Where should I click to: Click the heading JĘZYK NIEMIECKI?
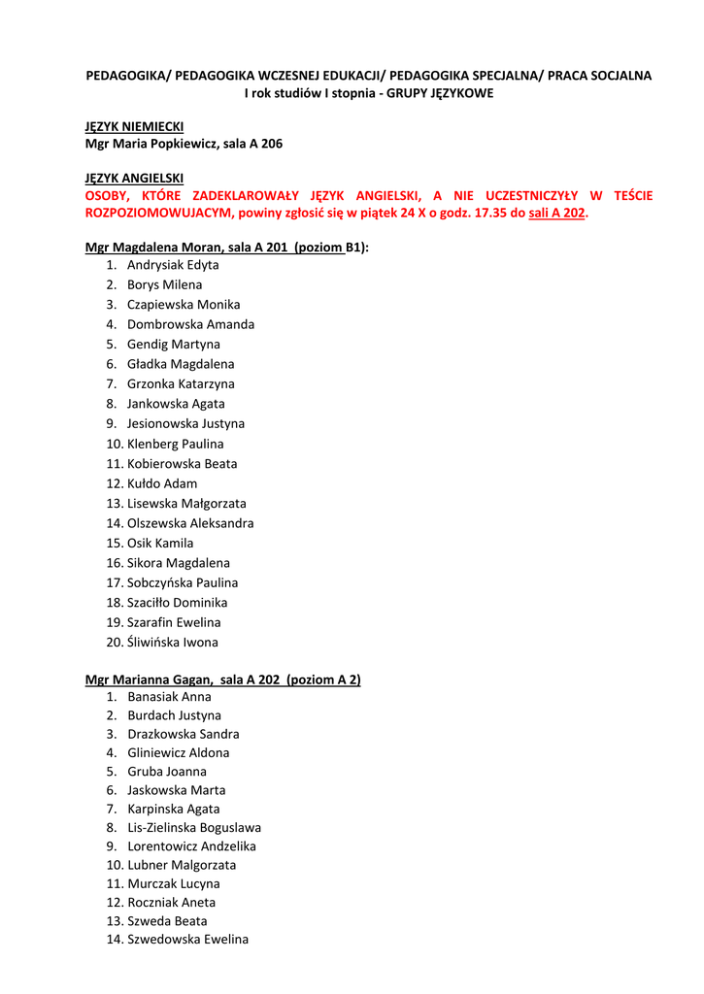(x=134, y=126)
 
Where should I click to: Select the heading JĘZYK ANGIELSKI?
(x=134, y=179)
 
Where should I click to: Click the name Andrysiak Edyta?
(x=173, y=265)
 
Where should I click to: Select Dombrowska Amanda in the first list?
(x=190, y=324)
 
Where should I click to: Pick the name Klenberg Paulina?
(x=175, y=444)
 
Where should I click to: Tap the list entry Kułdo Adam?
(x=161, y=483)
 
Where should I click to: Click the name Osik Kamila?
(x=160, y=543)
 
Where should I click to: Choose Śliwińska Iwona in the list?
(x=172, y=642)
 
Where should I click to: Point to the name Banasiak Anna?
(x=169, y=697)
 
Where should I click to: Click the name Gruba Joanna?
(x=166, y=772)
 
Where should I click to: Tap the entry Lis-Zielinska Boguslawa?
(x=193, y=828)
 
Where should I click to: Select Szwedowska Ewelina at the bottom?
(x=187, y=939)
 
